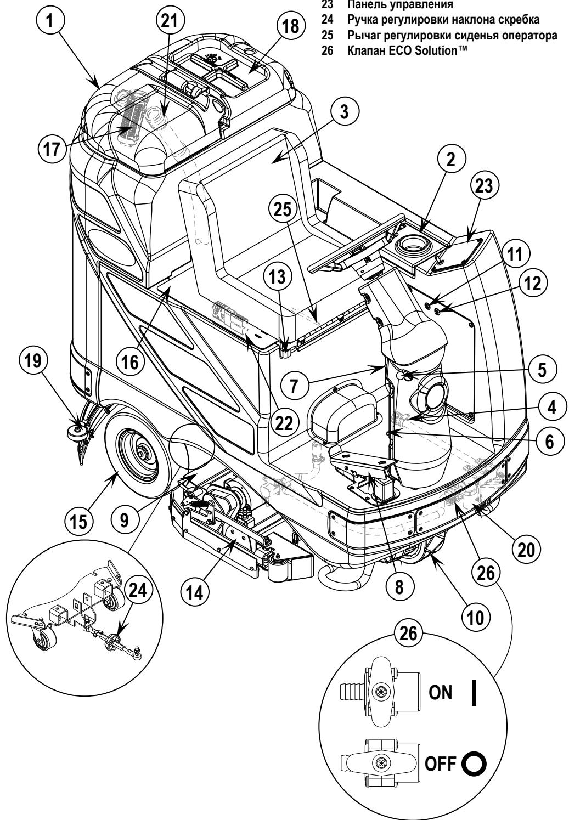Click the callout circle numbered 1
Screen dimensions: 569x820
50,20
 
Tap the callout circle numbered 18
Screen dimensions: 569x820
291,26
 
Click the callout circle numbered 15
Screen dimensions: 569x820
78,521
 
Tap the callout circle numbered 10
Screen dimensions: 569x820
475,617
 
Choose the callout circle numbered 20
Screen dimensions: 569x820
526,549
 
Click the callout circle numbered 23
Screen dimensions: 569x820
484,186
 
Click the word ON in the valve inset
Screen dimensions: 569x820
441,693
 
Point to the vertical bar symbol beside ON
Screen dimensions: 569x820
474,693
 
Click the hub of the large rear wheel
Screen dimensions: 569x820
140,453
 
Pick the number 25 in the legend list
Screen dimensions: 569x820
328,35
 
